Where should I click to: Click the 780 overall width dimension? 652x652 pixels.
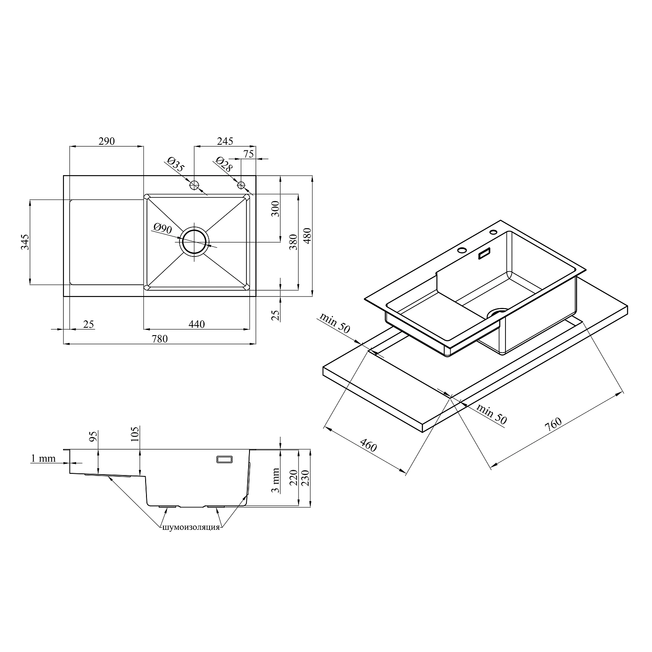tap(160, 339)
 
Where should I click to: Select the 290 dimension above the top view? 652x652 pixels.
tap(106, 141)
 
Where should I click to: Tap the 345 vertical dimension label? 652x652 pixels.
tap(24, 242)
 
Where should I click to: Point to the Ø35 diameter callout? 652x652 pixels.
tap(175, 165)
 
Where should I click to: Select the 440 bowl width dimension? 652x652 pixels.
tap(197, 324)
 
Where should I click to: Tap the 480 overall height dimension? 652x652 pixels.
tap(307, 236)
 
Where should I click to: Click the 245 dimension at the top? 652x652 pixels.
tap(225, 141)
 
